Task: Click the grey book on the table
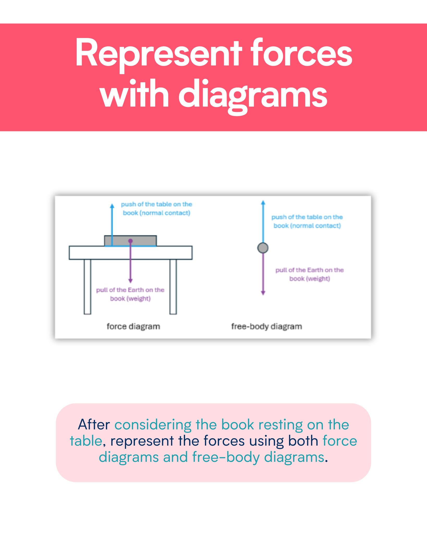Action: (x=131, y=241)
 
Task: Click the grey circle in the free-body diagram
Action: (x=263, y=248)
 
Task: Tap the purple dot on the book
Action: (x=131, y=241)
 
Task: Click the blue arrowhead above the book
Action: (x=112, y=206)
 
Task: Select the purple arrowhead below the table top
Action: (x=131, y=281)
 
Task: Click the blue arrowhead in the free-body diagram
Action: (x=263, y=202)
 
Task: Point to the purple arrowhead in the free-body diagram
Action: (x=263, y=293)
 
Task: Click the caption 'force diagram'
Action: (x=133, y=326)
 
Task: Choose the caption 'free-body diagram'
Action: (x=267, y=326)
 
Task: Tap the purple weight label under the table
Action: (x=130, y=294)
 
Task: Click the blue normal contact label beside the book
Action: (x=156, y=209)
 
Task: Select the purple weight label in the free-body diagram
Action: (x=309, y=274)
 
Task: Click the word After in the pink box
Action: (x=94, y=425)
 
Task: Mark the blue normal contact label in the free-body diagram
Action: (x=307, y=221)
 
